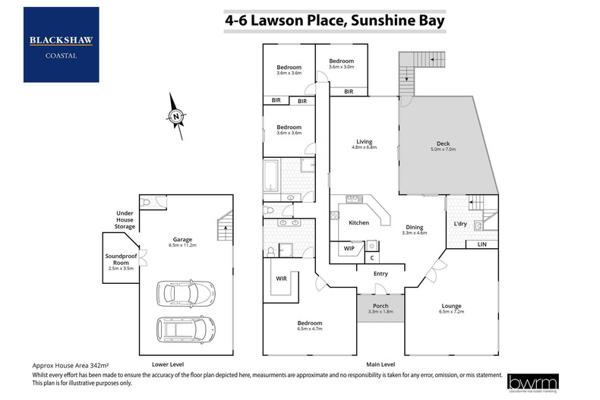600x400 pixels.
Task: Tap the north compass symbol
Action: pyautogui.click(x=175, y=116)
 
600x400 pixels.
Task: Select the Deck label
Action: pyautogui.click(x=443, y=144)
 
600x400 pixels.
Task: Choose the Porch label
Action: pyautogui.click(x=379, y=306)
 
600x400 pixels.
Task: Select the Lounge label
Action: pyautogui.click(x=452, y=306)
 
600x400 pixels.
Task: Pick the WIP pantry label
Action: pyautogui.click(x=349, y=248)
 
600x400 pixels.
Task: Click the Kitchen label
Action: pyautogui.click(x=358, y=223)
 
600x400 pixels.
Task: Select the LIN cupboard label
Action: pyautogui.click(x=481, y=244)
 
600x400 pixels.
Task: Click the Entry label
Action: pyautogui.click(x=381, y=274)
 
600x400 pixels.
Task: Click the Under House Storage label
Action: pyautogui.click(x=125, y=220)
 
